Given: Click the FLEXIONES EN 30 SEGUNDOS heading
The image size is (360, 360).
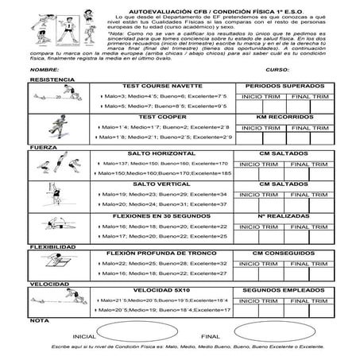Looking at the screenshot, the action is click(x=165, y=215).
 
